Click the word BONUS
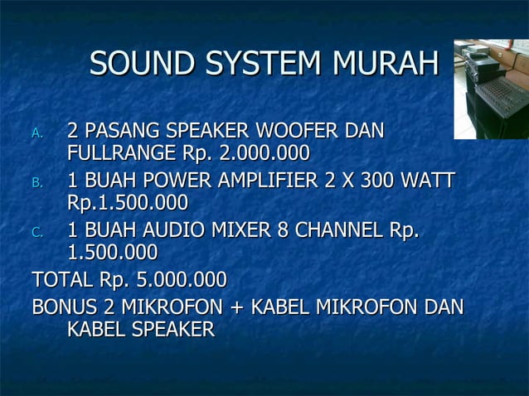[66, 307]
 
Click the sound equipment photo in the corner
[491, 89]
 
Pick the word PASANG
[122, 131]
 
